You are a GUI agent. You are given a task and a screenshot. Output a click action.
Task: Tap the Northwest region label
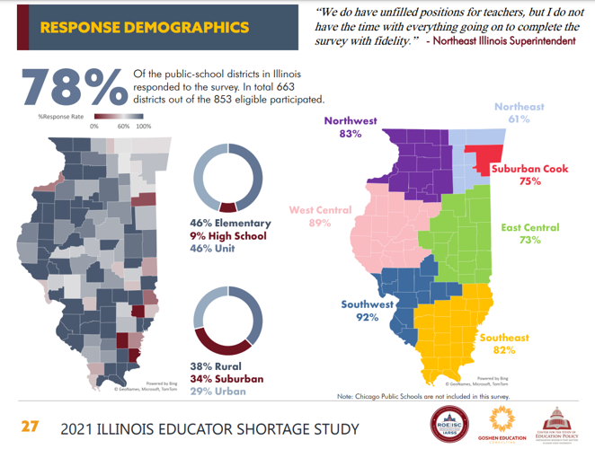tap(351, 121)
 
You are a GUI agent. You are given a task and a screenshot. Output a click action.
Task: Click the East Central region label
tap(529, 227)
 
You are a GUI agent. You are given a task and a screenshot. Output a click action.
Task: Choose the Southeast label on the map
tap(504, 338)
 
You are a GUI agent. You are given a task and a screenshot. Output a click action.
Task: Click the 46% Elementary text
tap(230, 223)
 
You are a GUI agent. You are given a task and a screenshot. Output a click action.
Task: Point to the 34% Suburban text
tap(227, 379)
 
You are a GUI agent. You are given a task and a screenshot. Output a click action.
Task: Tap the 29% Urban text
tap(219, 392)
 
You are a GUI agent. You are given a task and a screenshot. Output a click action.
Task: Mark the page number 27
tap(31, 426)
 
